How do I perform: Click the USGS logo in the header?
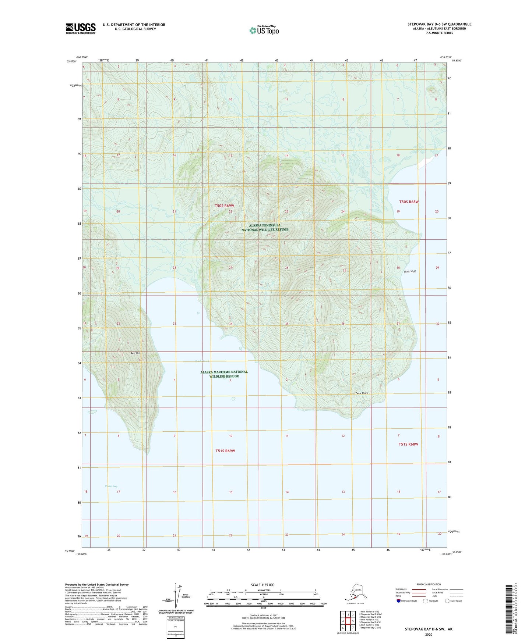click(80, 28)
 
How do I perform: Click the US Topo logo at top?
click(264, 30)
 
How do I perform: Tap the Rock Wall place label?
click(410, 271)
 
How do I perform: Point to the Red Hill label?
click(135, 353)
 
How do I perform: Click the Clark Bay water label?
click(111, 486)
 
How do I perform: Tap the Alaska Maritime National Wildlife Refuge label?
click(224, 374)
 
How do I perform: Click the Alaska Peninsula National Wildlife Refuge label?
click(265, 227)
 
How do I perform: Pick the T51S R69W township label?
click(225, 451)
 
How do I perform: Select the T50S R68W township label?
click(409, 202)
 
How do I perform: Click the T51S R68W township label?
click(408, 444)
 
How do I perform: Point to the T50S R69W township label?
click(224, 206)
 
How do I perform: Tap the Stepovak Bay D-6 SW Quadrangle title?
click(439, 24)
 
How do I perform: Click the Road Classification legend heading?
click(429, 584)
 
